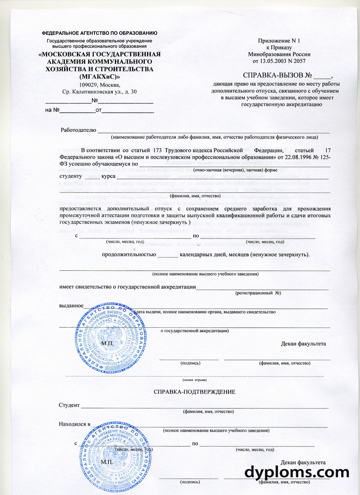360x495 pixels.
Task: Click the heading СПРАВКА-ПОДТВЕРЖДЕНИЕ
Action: [x=194, y=391]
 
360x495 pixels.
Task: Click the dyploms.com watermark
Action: [x=297, y=472]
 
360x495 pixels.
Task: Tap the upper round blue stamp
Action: [x=111, y=337]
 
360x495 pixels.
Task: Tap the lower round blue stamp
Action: [x=115, y=457]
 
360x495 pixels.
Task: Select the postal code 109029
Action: [x=85, y=85]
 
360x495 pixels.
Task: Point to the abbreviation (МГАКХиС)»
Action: [x=100, y=77]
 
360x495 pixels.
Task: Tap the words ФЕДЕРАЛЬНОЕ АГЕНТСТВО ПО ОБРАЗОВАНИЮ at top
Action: [x=100, y=33]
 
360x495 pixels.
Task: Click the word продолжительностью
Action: [x=129, y=254]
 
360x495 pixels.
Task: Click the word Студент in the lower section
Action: [x=69, y=405]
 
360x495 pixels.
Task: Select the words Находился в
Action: [x=75, y=424]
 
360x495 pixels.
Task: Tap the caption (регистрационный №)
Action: [x=258, y=293]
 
